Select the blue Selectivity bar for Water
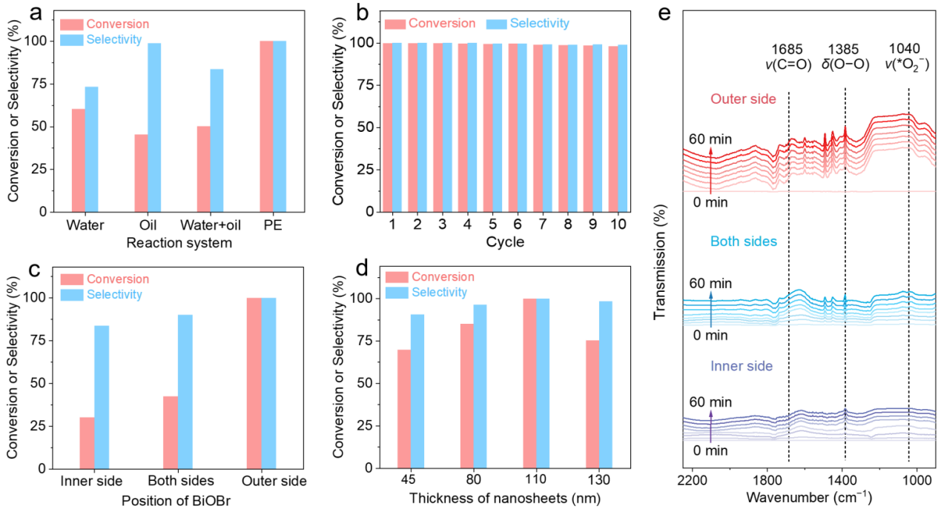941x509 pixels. [91, 149]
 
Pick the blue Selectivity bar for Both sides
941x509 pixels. [185, 392]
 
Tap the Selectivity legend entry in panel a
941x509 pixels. [113, 39]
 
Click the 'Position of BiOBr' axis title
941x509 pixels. [174, 498]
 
